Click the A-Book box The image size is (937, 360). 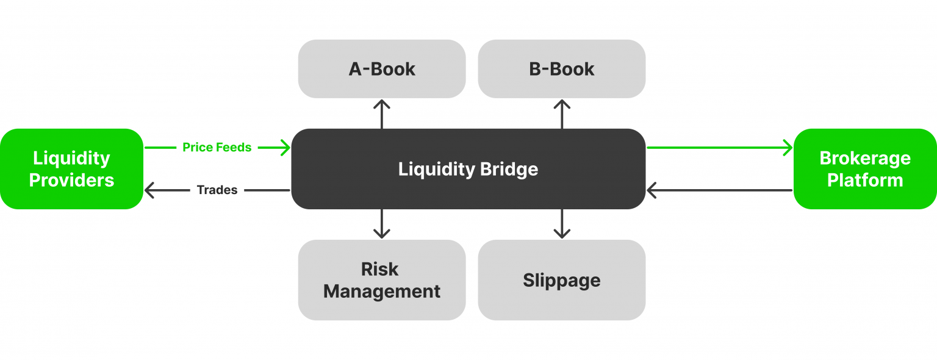(x=382, y=69)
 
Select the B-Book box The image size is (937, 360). (x=561, y=69)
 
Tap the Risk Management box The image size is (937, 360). (x=382, y=280)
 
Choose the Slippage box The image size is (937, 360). (x=561, y=280)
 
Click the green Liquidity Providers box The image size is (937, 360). (x=72, y=169)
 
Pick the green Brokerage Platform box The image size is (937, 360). (x=865, y=169)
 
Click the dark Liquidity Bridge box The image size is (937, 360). (x=468, y=169)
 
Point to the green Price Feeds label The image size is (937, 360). (x=217, y=148)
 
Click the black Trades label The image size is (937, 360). (x=217, y=190)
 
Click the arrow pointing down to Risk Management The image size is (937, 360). (x=382, y=224)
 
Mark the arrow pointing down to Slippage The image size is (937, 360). (x=561, y=224)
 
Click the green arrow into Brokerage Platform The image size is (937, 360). (x=720, y=148)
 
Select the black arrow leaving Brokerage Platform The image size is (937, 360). (x=720, y=190)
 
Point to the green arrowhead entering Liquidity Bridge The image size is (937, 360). (x=284, y=148)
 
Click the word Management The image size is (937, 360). (x=382, y=292)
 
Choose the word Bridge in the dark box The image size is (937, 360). (x=508, y=169)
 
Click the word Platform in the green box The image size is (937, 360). (x=865, y=181)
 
